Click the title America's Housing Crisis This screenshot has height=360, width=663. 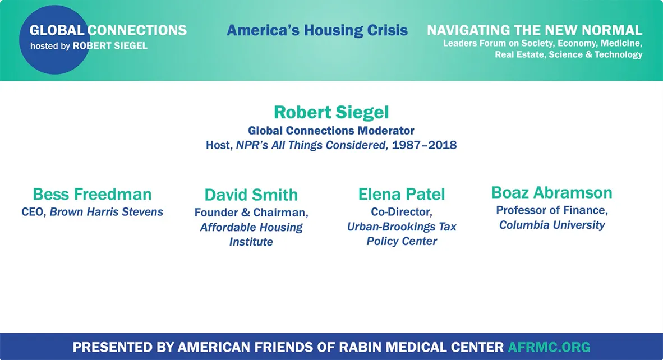pyautogui.click(x=317, y=30)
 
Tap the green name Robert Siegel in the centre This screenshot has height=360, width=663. pyautogui.click(x=331, y=112)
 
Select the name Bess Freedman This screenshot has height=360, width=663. pyautogui.click(x=92, y=195)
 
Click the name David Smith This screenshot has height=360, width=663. pyautogui.click(x=251, y=195)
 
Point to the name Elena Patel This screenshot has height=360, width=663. pyautogui.click(x=402, y=195)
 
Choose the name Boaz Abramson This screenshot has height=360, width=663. pyautogui.click(x=551, y=193)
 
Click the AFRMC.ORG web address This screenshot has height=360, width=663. pyautogui.click(x=549, y=347)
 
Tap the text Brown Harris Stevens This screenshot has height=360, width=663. pyautogui.click(x=107, y=212)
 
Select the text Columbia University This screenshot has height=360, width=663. pyautogui.click(x=552, y=225)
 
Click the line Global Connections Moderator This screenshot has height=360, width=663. pyautogui.click(x=331, y=131)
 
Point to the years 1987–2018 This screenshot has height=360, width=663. pyautogui.click(x=424, y=145)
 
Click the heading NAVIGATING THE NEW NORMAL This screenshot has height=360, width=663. pyautogui.click(x=535, y=30)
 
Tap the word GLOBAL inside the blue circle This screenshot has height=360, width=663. pyautogui.click(x=57, y=30)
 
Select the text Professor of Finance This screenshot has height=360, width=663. pyautogui.click(x=552, y=210)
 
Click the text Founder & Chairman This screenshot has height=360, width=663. pyautogui.click(x=251, y=213)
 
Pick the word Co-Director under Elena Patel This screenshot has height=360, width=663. pyautogui.click(x=402, y=212)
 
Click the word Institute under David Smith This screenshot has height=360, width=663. pyautogui.click(x=251, y=242)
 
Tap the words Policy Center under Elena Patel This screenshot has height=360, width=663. pyautogui.click(x=402, y=241)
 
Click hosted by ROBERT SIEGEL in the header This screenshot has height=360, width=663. pyautogui.click(x=89, y=46)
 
